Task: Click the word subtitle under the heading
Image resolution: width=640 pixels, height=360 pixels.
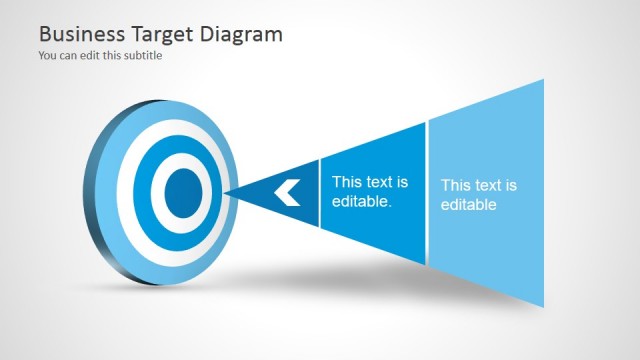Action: tap(141, 56)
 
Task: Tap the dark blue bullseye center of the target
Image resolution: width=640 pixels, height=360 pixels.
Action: tap(182, 190)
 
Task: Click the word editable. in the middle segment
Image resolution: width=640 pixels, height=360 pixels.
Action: tap(361, 201)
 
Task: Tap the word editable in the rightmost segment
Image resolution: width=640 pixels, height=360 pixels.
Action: tap(469, 205)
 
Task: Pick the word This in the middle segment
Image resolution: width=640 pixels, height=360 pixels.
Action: tap(346, 182)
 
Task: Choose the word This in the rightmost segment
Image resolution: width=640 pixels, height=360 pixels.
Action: tap(455, 185)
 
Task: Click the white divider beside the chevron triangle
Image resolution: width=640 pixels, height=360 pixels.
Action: tap(320, 192)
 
